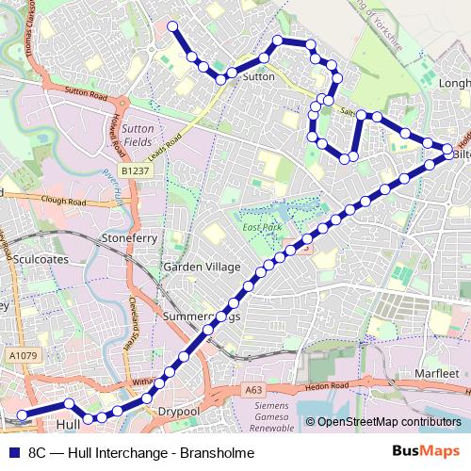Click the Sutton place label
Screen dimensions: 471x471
pos(259,76)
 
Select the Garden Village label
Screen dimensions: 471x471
pos(203,267)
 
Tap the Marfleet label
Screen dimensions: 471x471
pos(436,374)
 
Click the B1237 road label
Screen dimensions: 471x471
pos(137,171)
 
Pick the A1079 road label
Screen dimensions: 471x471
pos(24,355)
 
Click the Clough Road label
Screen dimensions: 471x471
pos(63,201)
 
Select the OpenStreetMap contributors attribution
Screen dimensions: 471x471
pos(388,422)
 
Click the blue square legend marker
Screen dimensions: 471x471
pos(12,452)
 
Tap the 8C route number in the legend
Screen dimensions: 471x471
pos(38,452)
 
